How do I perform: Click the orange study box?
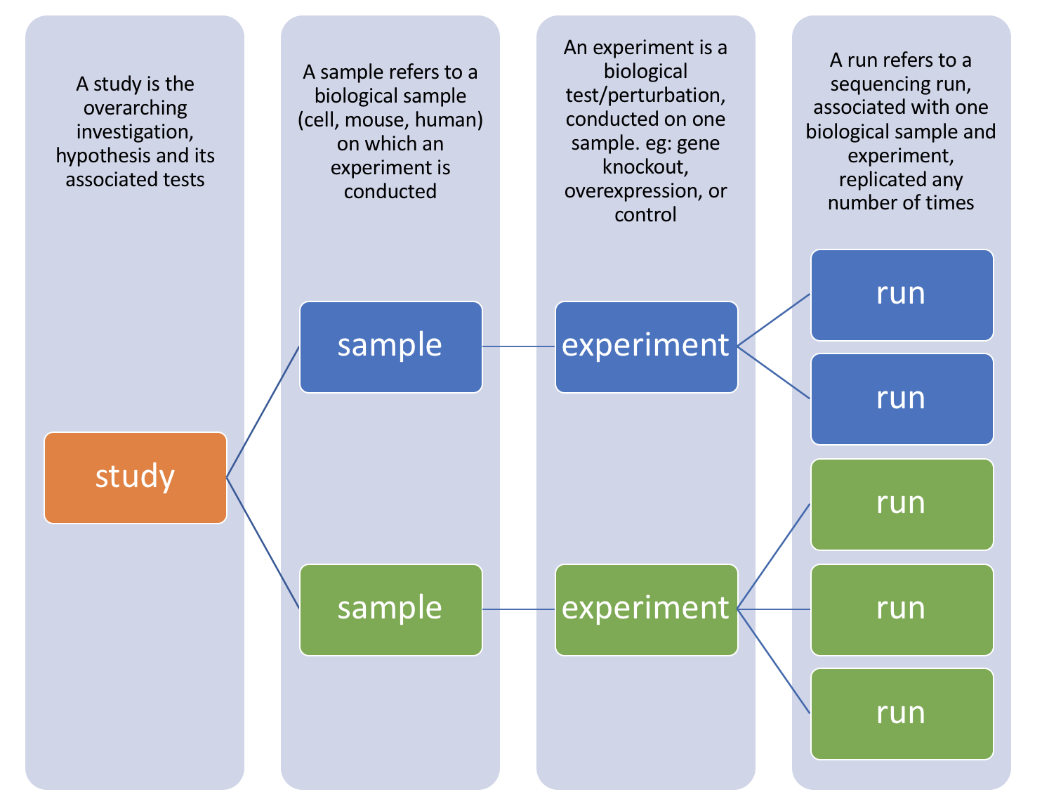pyautogui.click(x=136, y=477)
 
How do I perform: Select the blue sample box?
pyautogui.click(x=390, y=346)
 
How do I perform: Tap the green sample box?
pyautogui.click(x=390, y=609)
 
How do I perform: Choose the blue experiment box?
pyautogui.click(x=646, y=346)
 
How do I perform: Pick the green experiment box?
pyautogui.click(x=646, y=609)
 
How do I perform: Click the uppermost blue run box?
pyautogui.click(x=902, y=294)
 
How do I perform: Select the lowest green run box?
pyautogui.click(x=902, y=713)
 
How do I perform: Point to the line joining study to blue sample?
pyautogui.click(x=263, y=412)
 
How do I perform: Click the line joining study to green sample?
pyautogui.click(x=263, y=543)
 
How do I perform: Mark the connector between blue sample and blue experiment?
pyautogui.click(x=518, y=346)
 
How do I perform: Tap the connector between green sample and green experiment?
pyautogui.click(x=518, y=609)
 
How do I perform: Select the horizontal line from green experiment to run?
pyautogui.click(x=774, y=609)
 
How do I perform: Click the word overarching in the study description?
pyautogui.click(x=136, y=108)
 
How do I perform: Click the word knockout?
pyautogui.click(x=645, y=167)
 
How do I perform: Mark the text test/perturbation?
pyautogui.click(x=645, y=96)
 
